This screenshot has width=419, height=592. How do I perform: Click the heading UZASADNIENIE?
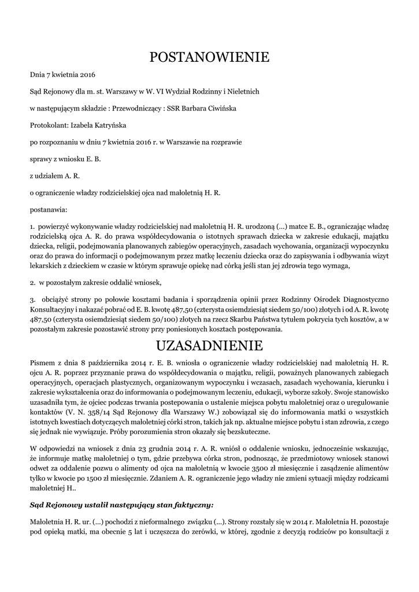[x=209, y=346]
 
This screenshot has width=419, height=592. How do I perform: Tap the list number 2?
[x=32, y=283]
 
